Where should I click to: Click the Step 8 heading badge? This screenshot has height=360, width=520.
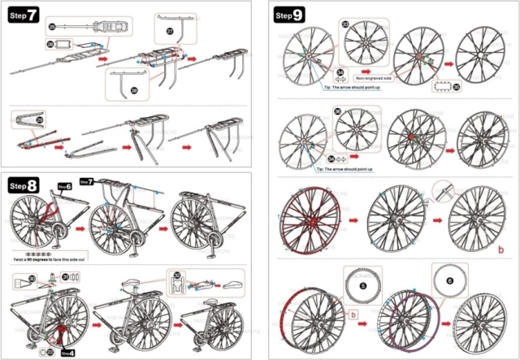pos(24,186)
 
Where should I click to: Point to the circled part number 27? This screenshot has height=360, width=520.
pos(170,30)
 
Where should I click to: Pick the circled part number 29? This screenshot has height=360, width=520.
pos(38,121)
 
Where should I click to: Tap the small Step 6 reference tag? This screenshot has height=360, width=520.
pos(64,186)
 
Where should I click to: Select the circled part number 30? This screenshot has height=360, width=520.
pos(31,279)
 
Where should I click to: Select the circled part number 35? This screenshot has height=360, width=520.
pos(456,86)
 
